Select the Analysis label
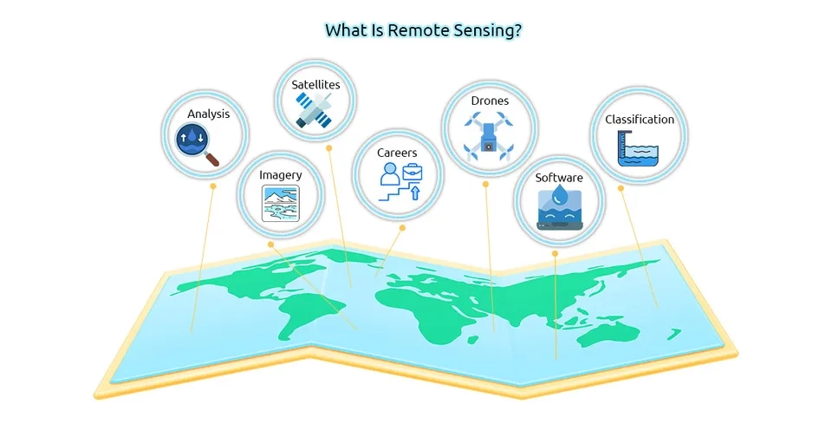pos(208,114)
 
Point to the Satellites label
pos(315,84)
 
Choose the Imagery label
pos(281,174)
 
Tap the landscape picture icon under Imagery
pos(281,204)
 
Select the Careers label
pos(397,153)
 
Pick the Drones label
pos(490,101)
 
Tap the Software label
pos(559,178)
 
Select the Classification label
pos(640,120)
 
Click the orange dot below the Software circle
pos(555,254)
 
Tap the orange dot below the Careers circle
pos(402,227)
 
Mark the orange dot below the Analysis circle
pos(212,186)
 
